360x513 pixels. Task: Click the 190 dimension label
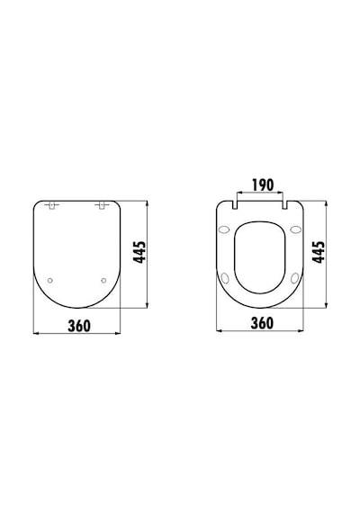click(263, 185)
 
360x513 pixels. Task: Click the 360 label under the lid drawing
click(79, 326)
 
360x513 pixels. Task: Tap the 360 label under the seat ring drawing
click(262, 323)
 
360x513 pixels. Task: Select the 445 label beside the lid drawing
click(139, 252)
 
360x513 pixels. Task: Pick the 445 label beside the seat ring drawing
click(319, 252)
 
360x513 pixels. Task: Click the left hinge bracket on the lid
click(52, 205)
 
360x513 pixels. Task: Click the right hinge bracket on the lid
click(102, 205)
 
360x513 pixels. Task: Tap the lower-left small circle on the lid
click(50, 281)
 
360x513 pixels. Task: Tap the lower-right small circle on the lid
click(103, 281)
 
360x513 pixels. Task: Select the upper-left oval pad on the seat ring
click(224, 229)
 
